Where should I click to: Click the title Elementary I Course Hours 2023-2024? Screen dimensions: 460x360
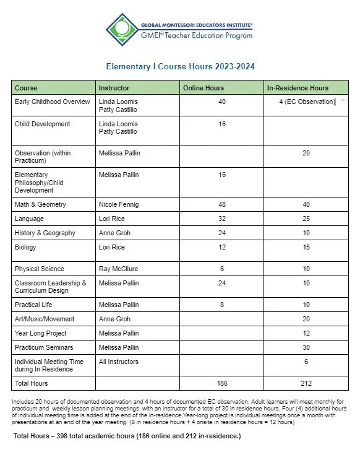(x=180, y=66)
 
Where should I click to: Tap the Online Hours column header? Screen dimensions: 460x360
(x=204, y=88)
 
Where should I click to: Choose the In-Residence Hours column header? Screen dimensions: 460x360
(x=298, y=88)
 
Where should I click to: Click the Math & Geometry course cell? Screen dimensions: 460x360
(x=40, y=205)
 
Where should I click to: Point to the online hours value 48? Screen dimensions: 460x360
(x=221, y=205)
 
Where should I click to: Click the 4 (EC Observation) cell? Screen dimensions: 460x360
(x=306, y=102)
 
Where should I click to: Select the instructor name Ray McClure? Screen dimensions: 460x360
(x=120, y=269)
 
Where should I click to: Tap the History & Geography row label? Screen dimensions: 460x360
(x=45, y=233)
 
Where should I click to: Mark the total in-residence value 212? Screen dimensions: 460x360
(x=306, y=383)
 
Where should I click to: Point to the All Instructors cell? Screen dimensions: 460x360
(x=119, y=362)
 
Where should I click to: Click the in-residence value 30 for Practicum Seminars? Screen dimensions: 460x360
(x=306, y=347)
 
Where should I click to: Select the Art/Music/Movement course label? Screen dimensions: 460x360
(x=45, y=319)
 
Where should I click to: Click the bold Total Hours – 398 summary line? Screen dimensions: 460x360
(x=127, y=436)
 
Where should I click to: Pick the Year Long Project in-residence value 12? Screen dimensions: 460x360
(x=306, y=333)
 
